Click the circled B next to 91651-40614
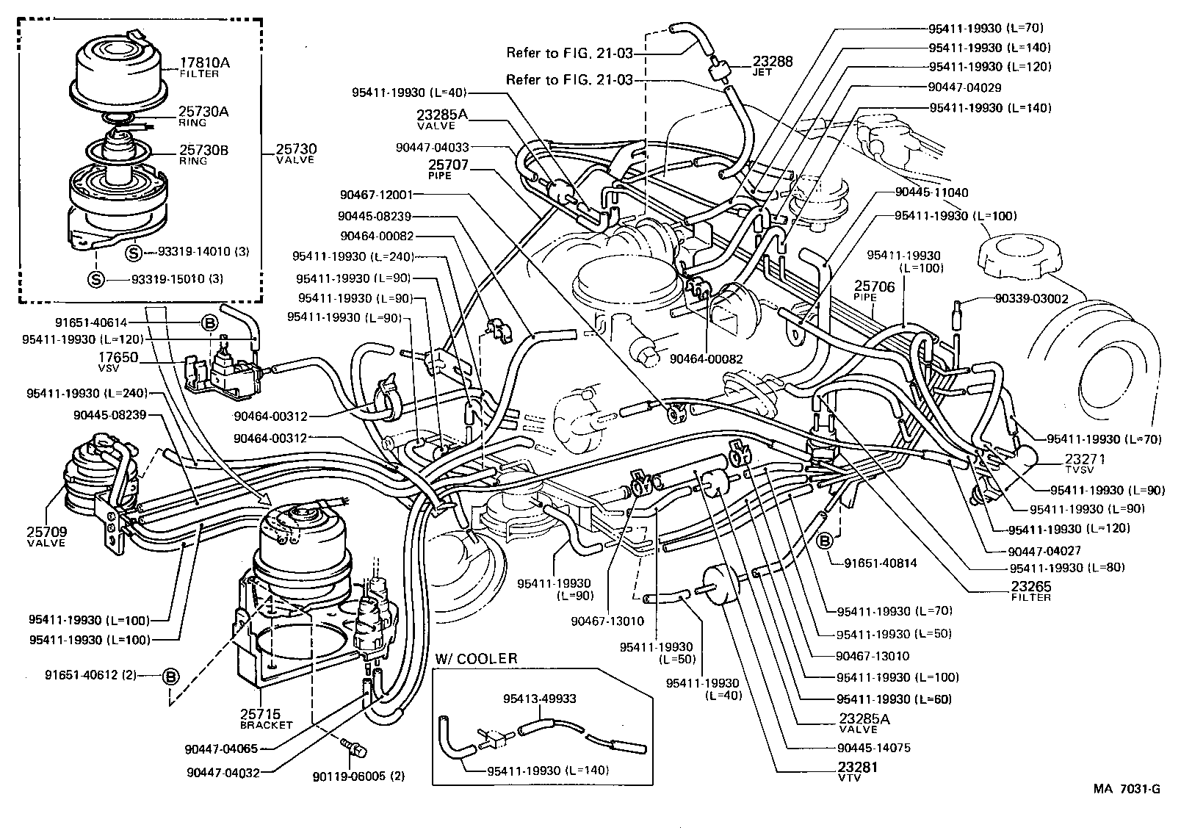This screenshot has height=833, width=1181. tap(208, 322)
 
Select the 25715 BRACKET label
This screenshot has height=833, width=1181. tap(265, 718)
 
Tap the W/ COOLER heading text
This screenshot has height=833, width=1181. tap(476, 659)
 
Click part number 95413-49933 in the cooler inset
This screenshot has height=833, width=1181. tap(539, 699)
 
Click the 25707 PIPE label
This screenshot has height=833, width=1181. tap(448, 170)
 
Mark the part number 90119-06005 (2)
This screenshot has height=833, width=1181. tap(358, 776)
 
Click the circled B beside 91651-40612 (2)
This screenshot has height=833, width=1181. tap(170, 676)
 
